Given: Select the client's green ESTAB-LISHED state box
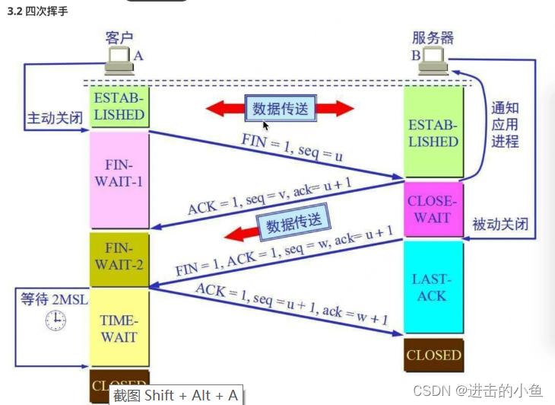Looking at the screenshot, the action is point(119,107).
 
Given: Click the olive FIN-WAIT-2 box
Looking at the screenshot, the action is point(119,257).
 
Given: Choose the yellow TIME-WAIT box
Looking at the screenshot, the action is point(119,327).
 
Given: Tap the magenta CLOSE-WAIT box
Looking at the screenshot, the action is point(432,209).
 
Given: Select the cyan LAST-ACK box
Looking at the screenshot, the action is point(432,287).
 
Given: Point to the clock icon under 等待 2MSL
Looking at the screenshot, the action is point(55,321).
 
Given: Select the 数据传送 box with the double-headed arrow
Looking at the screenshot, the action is point(280,109).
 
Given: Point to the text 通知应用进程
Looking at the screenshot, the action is point(505,124).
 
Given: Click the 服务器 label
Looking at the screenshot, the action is point(433,37).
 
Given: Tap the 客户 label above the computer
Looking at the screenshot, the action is point(119,37).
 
